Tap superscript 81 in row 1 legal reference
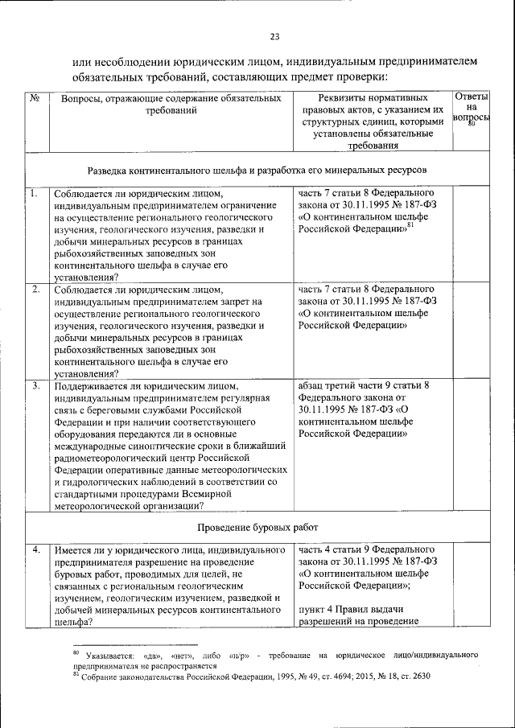coord(410,226)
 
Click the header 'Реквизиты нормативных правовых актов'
coord(373,109)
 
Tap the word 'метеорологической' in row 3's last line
coord(100,505)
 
